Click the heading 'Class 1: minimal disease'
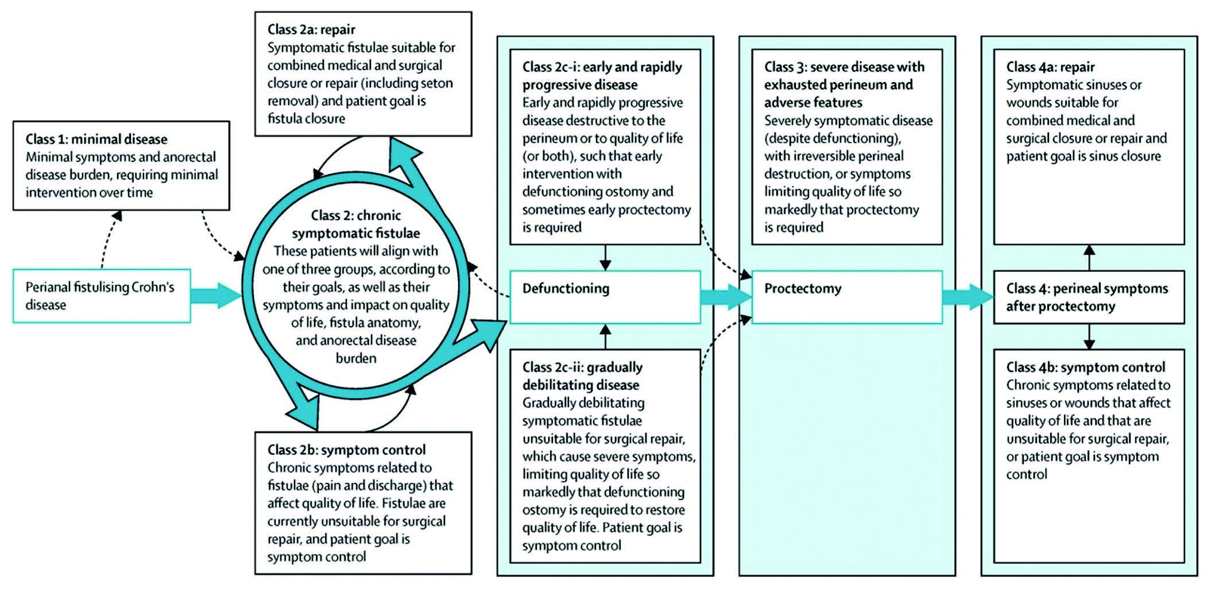coord(96,139)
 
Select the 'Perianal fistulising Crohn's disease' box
coord(102,296)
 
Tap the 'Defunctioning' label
coord(566,288)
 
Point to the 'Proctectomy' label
coord(803,288)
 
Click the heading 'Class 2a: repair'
coord(311,30)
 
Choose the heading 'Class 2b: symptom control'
coord(347,449)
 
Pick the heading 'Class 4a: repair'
coord(1050,67)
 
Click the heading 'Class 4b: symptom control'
coord(1086,367)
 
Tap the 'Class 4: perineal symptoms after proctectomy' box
coord(1089,297)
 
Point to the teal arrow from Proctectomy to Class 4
coord(968,297)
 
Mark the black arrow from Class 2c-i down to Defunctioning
coord(605,258)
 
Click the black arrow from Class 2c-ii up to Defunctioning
coord(605,336)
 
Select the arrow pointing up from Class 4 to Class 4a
coord(1089,258)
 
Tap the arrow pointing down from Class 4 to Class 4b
coord(1089,336)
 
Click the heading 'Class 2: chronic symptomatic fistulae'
coord(356,224)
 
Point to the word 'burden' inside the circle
coord(356,358)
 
